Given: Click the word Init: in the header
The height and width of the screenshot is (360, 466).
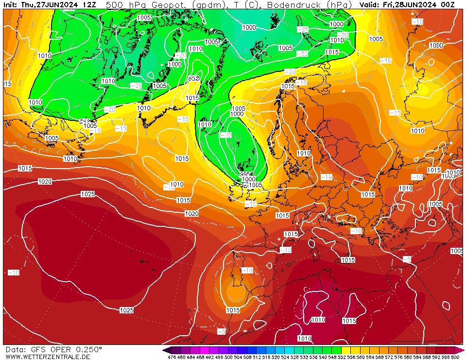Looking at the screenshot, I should pyautogui.click(x=11, y=5).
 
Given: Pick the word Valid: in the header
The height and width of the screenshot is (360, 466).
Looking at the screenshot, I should pyautogui.click(x=371, y=5).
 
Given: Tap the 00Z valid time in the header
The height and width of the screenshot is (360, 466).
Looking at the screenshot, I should pyautogui.click(x=447, y=5).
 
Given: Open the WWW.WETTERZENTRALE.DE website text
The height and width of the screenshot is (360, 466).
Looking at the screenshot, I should pyautogui.click(x=47, y=357).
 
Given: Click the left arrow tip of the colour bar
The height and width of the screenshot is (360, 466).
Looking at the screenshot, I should pyautogui.click(x=165, y=350).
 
